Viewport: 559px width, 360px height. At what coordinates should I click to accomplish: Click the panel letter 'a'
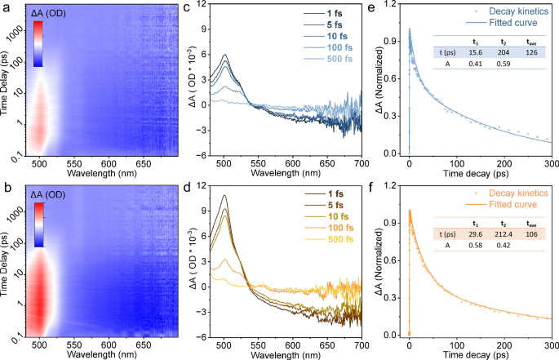click(6, 8)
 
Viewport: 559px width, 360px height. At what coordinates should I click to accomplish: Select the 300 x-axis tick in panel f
click(552, 341)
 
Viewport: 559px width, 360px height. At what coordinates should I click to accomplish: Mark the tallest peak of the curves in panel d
click(224, 197)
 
